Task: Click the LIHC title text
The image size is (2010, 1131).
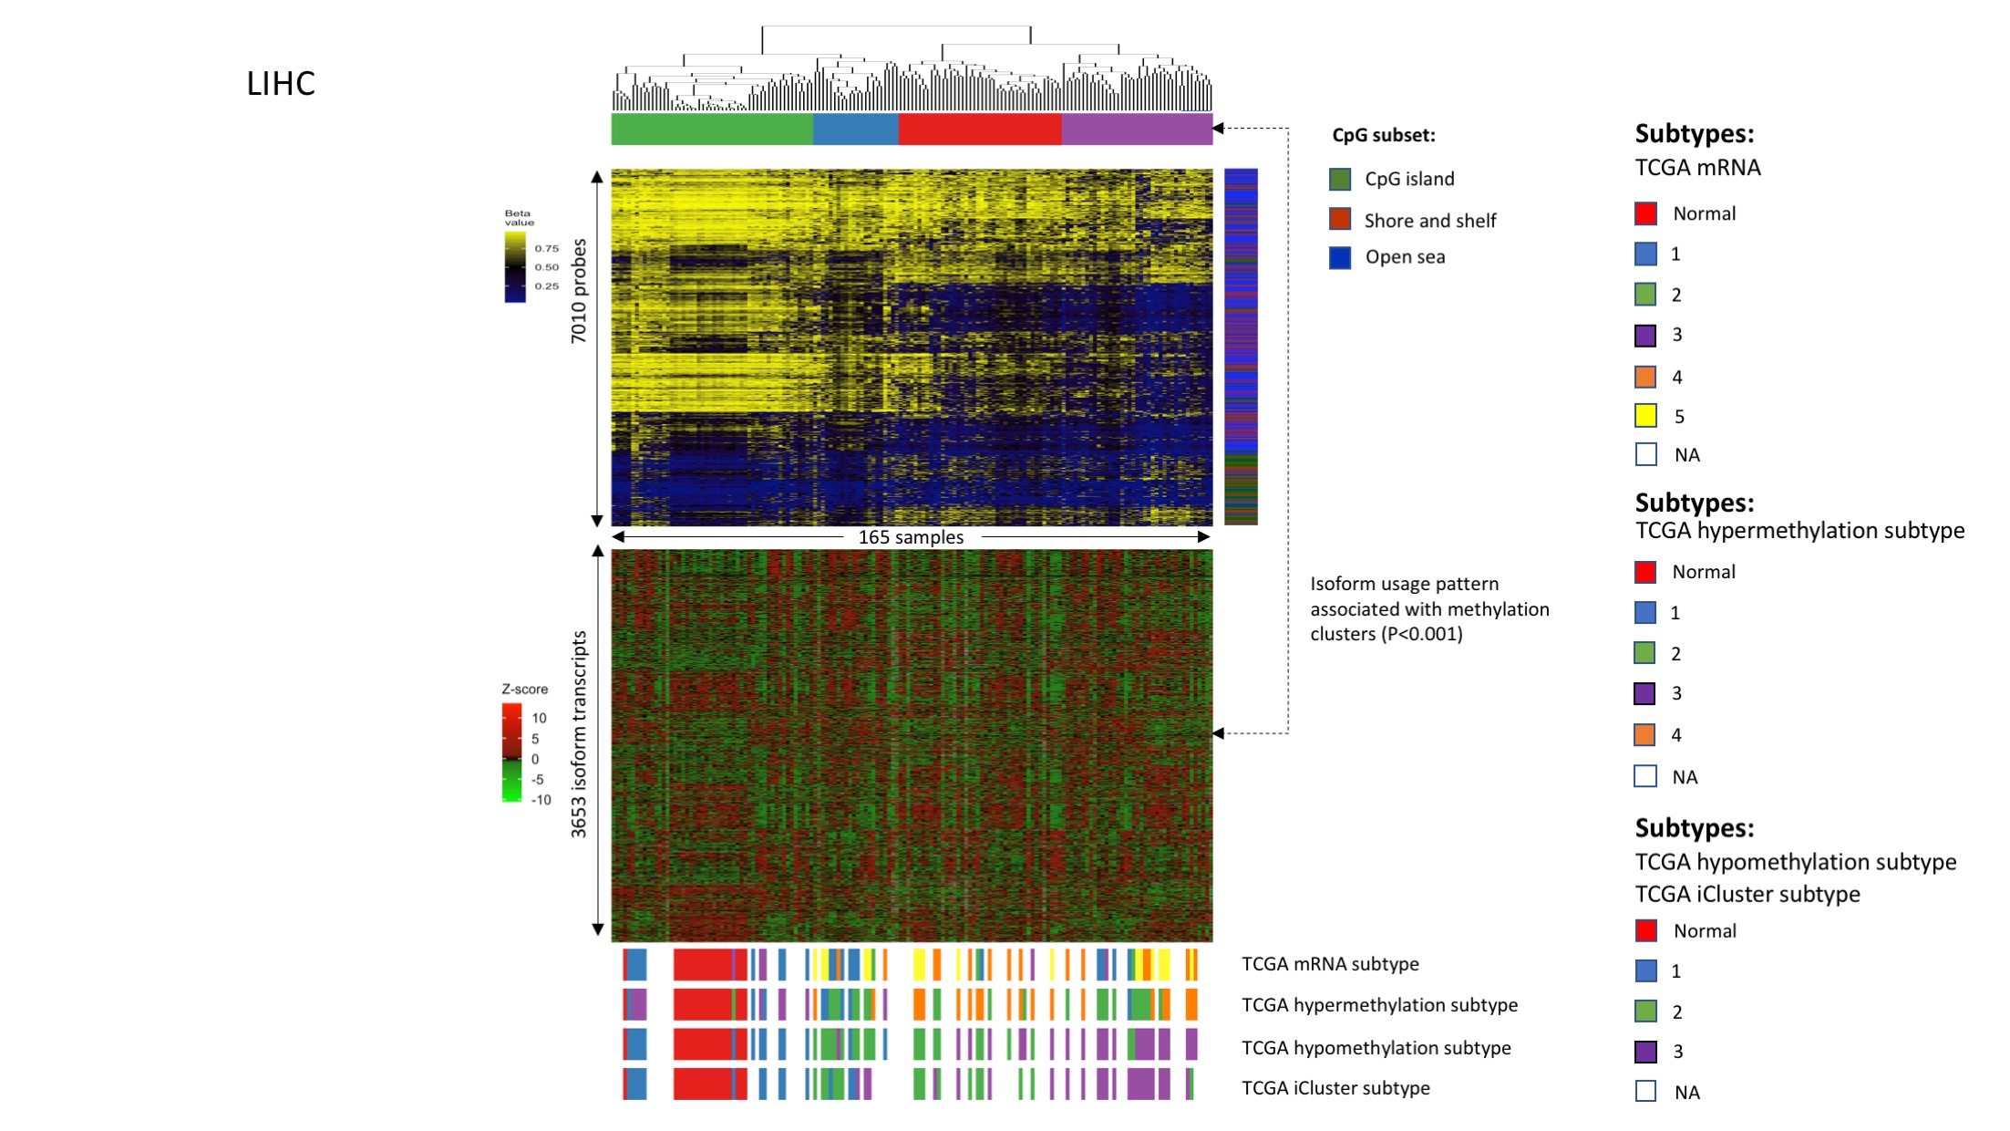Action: coord(281,84)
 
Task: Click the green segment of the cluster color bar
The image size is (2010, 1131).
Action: coord(711,130)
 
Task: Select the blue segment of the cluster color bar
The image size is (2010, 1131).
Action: coord(855,130)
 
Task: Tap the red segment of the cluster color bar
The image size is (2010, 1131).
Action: coord(980,130)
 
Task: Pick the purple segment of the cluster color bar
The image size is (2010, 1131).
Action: coord(1137,130)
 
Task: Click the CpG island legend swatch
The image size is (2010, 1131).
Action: coord(1339,180)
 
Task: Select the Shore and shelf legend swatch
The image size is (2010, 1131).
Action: coord(1339,220)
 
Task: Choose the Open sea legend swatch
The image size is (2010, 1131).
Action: coord(1339,258)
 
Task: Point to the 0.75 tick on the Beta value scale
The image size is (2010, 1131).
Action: coord(546,248)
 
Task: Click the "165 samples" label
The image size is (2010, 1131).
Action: coord(911,537)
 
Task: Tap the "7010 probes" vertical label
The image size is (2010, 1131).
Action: coord(579,291)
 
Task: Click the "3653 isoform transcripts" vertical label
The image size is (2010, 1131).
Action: coord(579,734)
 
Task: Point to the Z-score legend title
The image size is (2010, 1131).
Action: coord(524,690)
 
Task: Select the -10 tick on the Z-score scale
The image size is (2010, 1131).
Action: coord(541,800)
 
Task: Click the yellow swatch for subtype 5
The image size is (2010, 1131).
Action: coord(1645,416)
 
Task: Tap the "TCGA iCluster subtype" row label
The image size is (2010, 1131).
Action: coord(1335,1087)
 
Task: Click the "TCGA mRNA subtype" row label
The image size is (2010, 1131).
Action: coord(1330,963)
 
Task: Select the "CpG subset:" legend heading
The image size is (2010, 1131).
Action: coord(1383,135)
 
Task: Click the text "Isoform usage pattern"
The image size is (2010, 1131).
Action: coord(1404,584)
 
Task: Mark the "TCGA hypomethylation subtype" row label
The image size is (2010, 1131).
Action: coord(1376,1047)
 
